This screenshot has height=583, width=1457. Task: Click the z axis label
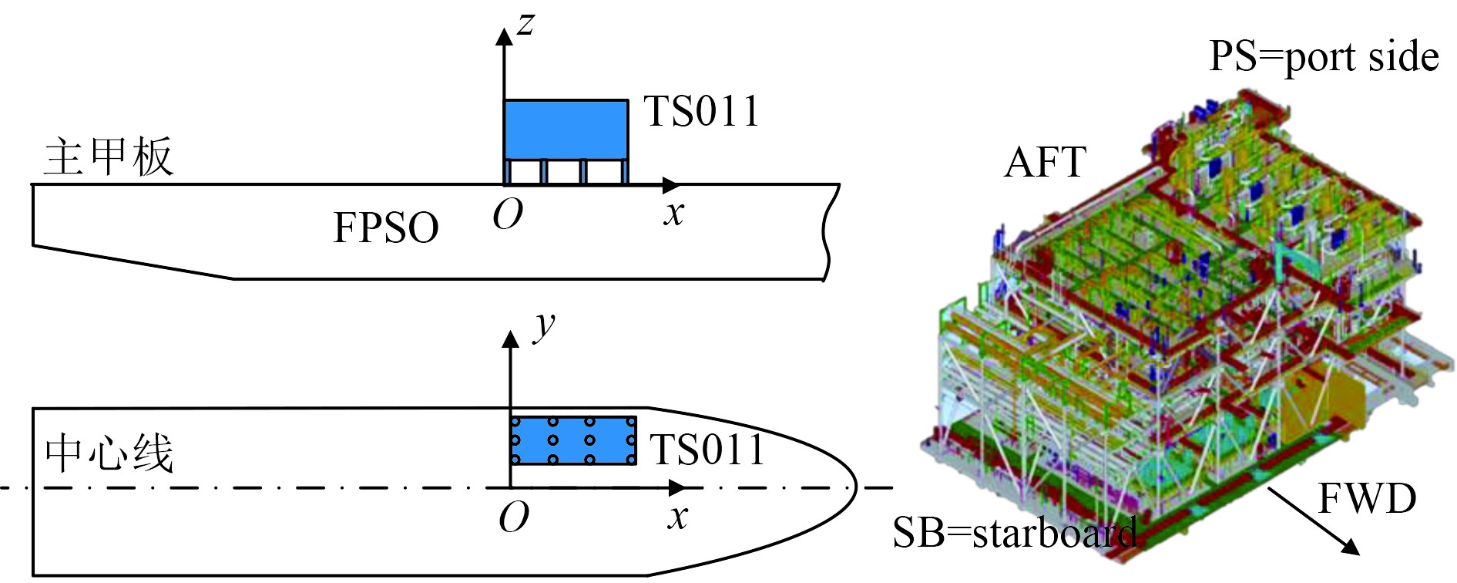[525, 24]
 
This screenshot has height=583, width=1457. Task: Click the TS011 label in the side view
[701, 112]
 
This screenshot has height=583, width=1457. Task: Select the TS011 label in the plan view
[707, 450]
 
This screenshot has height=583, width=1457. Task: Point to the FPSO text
[385, 228]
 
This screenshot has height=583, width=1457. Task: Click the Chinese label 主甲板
[109, 157]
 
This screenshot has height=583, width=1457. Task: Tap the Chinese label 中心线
[109, 453]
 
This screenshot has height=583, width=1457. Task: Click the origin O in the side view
[508, 215]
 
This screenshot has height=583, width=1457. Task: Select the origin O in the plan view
[514, 517]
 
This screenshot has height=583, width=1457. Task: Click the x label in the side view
[674, 214]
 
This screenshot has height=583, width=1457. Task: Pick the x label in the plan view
[677, 517]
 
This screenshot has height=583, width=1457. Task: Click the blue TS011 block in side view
[566, 130]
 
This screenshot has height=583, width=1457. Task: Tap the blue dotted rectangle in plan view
[573, 440]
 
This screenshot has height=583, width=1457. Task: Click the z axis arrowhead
[504, 35]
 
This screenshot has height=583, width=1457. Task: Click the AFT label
[1045, 163]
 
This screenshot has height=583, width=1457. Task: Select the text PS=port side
[1323, 57]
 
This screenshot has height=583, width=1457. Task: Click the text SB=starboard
[1014, 533]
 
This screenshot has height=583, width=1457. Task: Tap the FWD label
[1366, 499]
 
